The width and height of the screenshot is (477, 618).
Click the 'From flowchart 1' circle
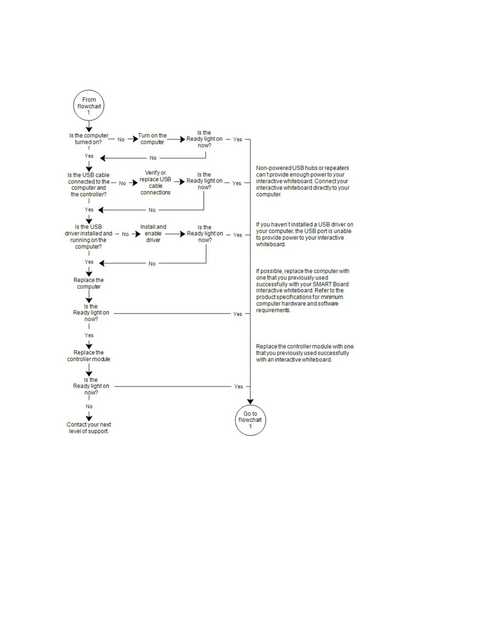[x=89, y=105]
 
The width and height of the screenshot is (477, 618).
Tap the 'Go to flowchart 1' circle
[x=250, y=420]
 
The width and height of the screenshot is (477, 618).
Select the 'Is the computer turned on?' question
[x=89, y=139]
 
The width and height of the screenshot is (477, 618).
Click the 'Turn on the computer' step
[x=152, y=139]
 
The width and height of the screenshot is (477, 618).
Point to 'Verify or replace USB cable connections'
[x=155, y=183]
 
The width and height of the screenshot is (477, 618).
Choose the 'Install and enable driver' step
[x=153, y=233]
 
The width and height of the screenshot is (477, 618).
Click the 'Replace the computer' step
[x=89, y=283]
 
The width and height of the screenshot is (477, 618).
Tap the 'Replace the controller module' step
[x=89, y=356]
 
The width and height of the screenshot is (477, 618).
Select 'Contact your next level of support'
[x=89, y=428]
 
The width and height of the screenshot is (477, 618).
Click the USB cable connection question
[x=89, y=185]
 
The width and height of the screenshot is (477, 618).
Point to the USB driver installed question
[x=88, y=236]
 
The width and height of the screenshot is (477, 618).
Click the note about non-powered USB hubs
[x=302, y=181]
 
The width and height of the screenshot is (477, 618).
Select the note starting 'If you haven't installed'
[x=304, y=234]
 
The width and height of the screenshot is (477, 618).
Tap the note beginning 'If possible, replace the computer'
[x=302, y=291]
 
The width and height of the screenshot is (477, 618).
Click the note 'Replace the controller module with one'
[x=304, y=353]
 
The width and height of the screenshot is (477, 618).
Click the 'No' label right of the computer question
[x=121, y=139]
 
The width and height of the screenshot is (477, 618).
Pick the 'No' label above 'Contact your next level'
[x=89, y=407]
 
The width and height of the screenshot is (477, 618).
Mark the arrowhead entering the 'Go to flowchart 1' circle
[x=250, y=401]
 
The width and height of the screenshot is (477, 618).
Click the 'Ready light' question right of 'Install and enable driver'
[x=205, y=233]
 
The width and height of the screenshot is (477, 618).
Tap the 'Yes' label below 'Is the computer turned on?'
[x=89, y=156]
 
